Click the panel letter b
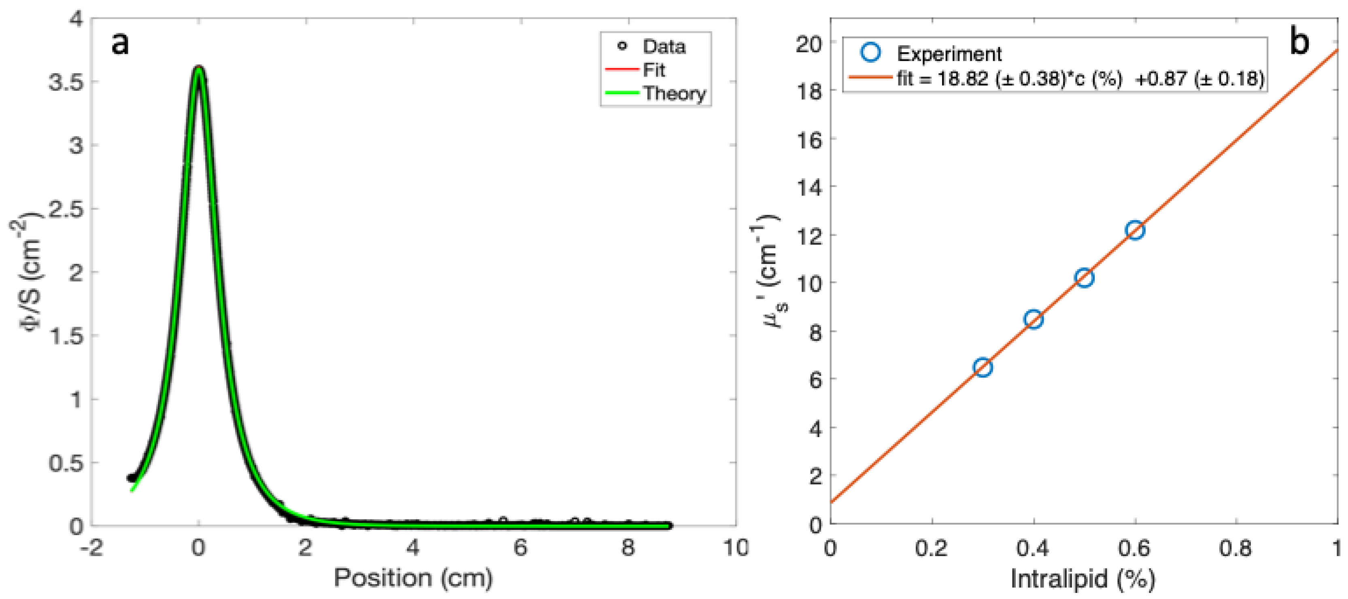[x=1299, y=42]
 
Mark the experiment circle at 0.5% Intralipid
[x=1084, y=278]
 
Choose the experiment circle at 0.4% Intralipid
[x=1034, y=319]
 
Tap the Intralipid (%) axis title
[x=1083, y=579]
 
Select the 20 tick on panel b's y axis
[x=809, y=43]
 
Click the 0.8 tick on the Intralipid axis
[x=1235, y=548]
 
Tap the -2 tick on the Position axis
[x=91, y=548]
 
